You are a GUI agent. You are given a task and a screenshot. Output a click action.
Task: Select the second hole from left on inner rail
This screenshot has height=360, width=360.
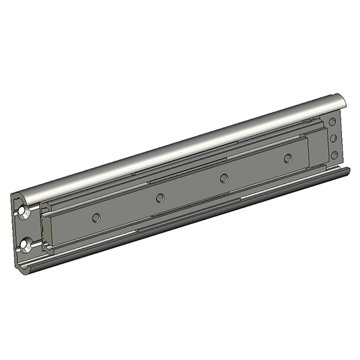pos(160,198)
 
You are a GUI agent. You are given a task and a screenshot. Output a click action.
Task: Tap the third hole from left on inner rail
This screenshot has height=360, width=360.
pos(224,178)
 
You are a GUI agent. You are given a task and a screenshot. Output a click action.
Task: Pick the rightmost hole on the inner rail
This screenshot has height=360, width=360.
pos(288,158)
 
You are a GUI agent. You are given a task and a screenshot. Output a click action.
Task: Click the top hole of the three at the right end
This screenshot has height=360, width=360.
pos(333,122)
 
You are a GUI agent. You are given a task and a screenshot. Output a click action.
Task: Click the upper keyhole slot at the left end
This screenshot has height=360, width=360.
pos(23,212)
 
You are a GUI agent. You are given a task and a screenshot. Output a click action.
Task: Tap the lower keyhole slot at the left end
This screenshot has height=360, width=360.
pos(25,244)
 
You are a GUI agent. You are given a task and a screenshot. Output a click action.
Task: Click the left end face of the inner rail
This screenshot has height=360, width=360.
pos(47,231)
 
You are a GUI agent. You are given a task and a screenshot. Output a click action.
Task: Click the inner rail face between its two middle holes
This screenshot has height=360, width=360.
pos(192,188)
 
